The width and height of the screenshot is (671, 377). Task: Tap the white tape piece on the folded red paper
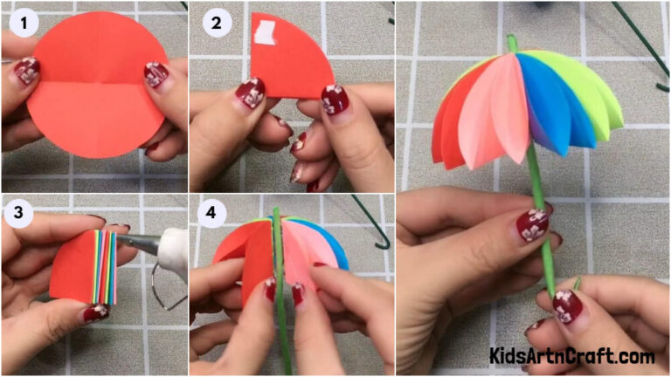[x=264, y=33]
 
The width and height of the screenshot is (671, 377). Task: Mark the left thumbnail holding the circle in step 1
[x=26, y=72]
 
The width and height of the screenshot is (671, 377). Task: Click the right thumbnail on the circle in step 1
[x=156, y=74]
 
